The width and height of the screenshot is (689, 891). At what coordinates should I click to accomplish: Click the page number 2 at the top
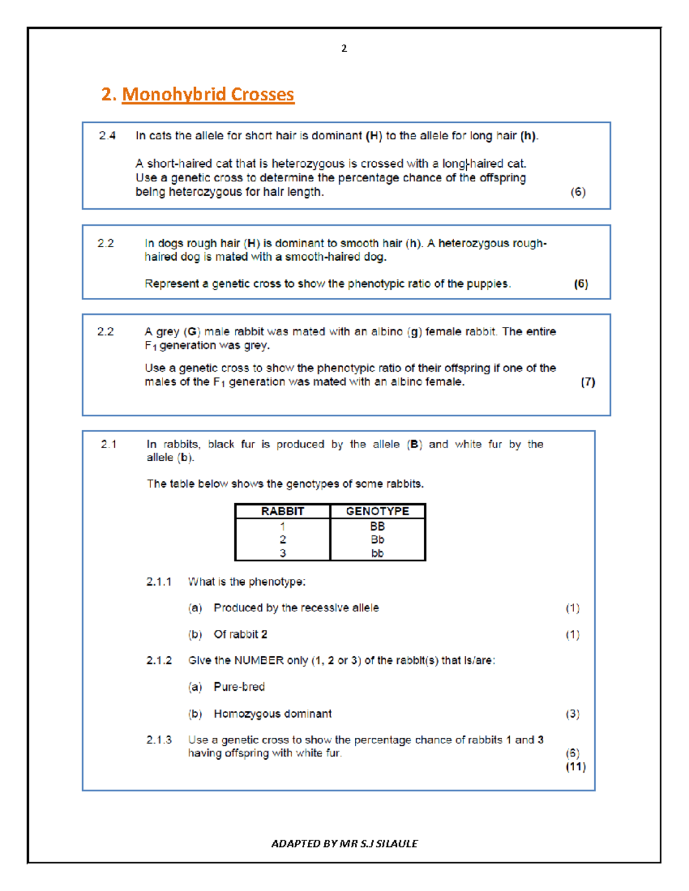[x=344, y=49]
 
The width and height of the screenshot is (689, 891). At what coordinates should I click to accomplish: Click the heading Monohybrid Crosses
[x=207, y=94]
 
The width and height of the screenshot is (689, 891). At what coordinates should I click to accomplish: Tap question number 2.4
[x=107, y=136]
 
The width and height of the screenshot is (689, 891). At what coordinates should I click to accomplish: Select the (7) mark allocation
[x=587, y=382]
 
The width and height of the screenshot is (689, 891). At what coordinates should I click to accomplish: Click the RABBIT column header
[x=282, y=511]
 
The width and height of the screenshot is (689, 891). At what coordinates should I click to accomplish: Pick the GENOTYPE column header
[x=377, y=511]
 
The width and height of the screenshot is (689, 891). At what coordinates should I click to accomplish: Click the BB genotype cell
[x=377, y=526]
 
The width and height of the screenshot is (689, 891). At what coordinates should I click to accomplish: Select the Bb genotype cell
[x=377, y=540]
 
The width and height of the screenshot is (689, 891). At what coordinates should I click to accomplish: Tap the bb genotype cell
[x=377, y=554]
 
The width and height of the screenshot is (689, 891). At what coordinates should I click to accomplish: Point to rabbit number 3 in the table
[x=282, y=554]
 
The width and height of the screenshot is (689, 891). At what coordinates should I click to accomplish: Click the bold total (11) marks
[x=575, y=767]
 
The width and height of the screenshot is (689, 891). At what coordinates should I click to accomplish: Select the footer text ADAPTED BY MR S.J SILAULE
[x=344, y=843]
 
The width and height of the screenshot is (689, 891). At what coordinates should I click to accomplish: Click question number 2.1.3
[x=159, y=740]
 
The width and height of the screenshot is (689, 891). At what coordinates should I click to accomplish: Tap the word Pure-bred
[x=239, y=687]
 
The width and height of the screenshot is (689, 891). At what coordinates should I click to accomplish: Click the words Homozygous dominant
[x=273, y=714]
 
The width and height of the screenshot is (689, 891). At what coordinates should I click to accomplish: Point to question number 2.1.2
[x=159, y=660]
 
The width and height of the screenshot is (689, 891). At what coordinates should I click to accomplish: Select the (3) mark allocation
[x=572, y=714]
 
